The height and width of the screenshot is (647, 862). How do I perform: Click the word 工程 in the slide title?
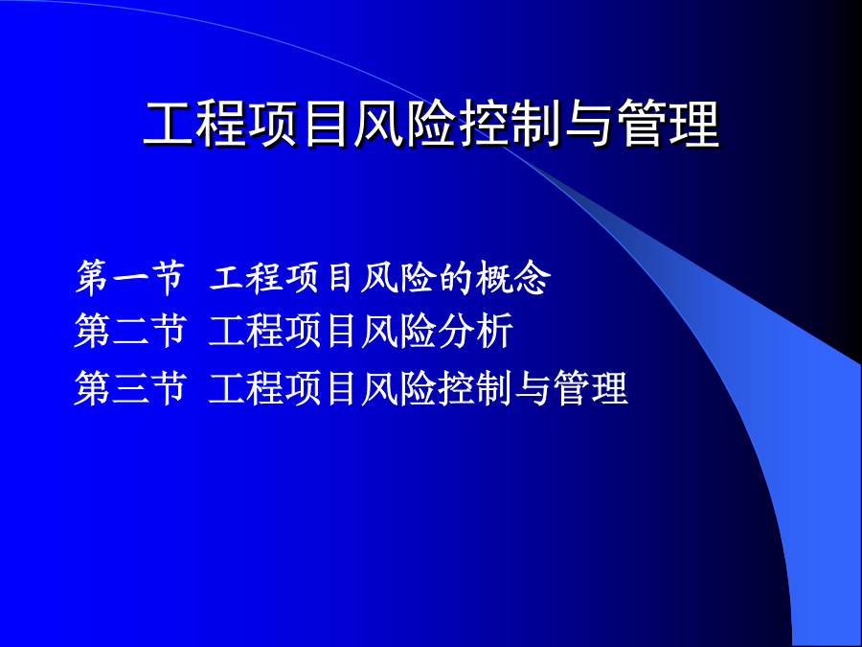pos(194,125)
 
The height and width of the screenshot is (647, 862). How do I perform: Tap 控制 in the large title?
pos(511,125)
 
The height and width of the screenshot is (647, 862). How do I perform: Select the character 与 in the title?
pos(588,125)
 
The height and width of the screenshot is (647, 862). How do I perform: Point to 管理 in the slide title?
pos(668,125)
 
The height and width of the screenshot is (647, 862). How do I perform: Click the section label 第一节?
pos(130,278)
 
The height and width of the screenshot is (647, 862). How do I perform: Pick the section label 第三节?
pos(130,388)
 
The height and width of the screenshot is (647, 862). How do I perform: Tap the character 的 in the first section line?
pos(456,278)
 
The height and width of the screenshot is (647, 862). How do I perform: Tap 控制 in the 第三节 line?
pos(476,388)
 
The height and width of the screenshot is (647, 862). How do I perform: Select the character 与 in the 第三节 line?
pos(533,388)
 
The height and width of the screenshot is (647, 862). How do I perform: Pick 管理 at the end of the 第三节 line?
pos(590,388)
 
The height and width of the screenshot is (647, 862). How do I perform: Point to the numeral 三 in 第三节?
pos(130,388)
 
